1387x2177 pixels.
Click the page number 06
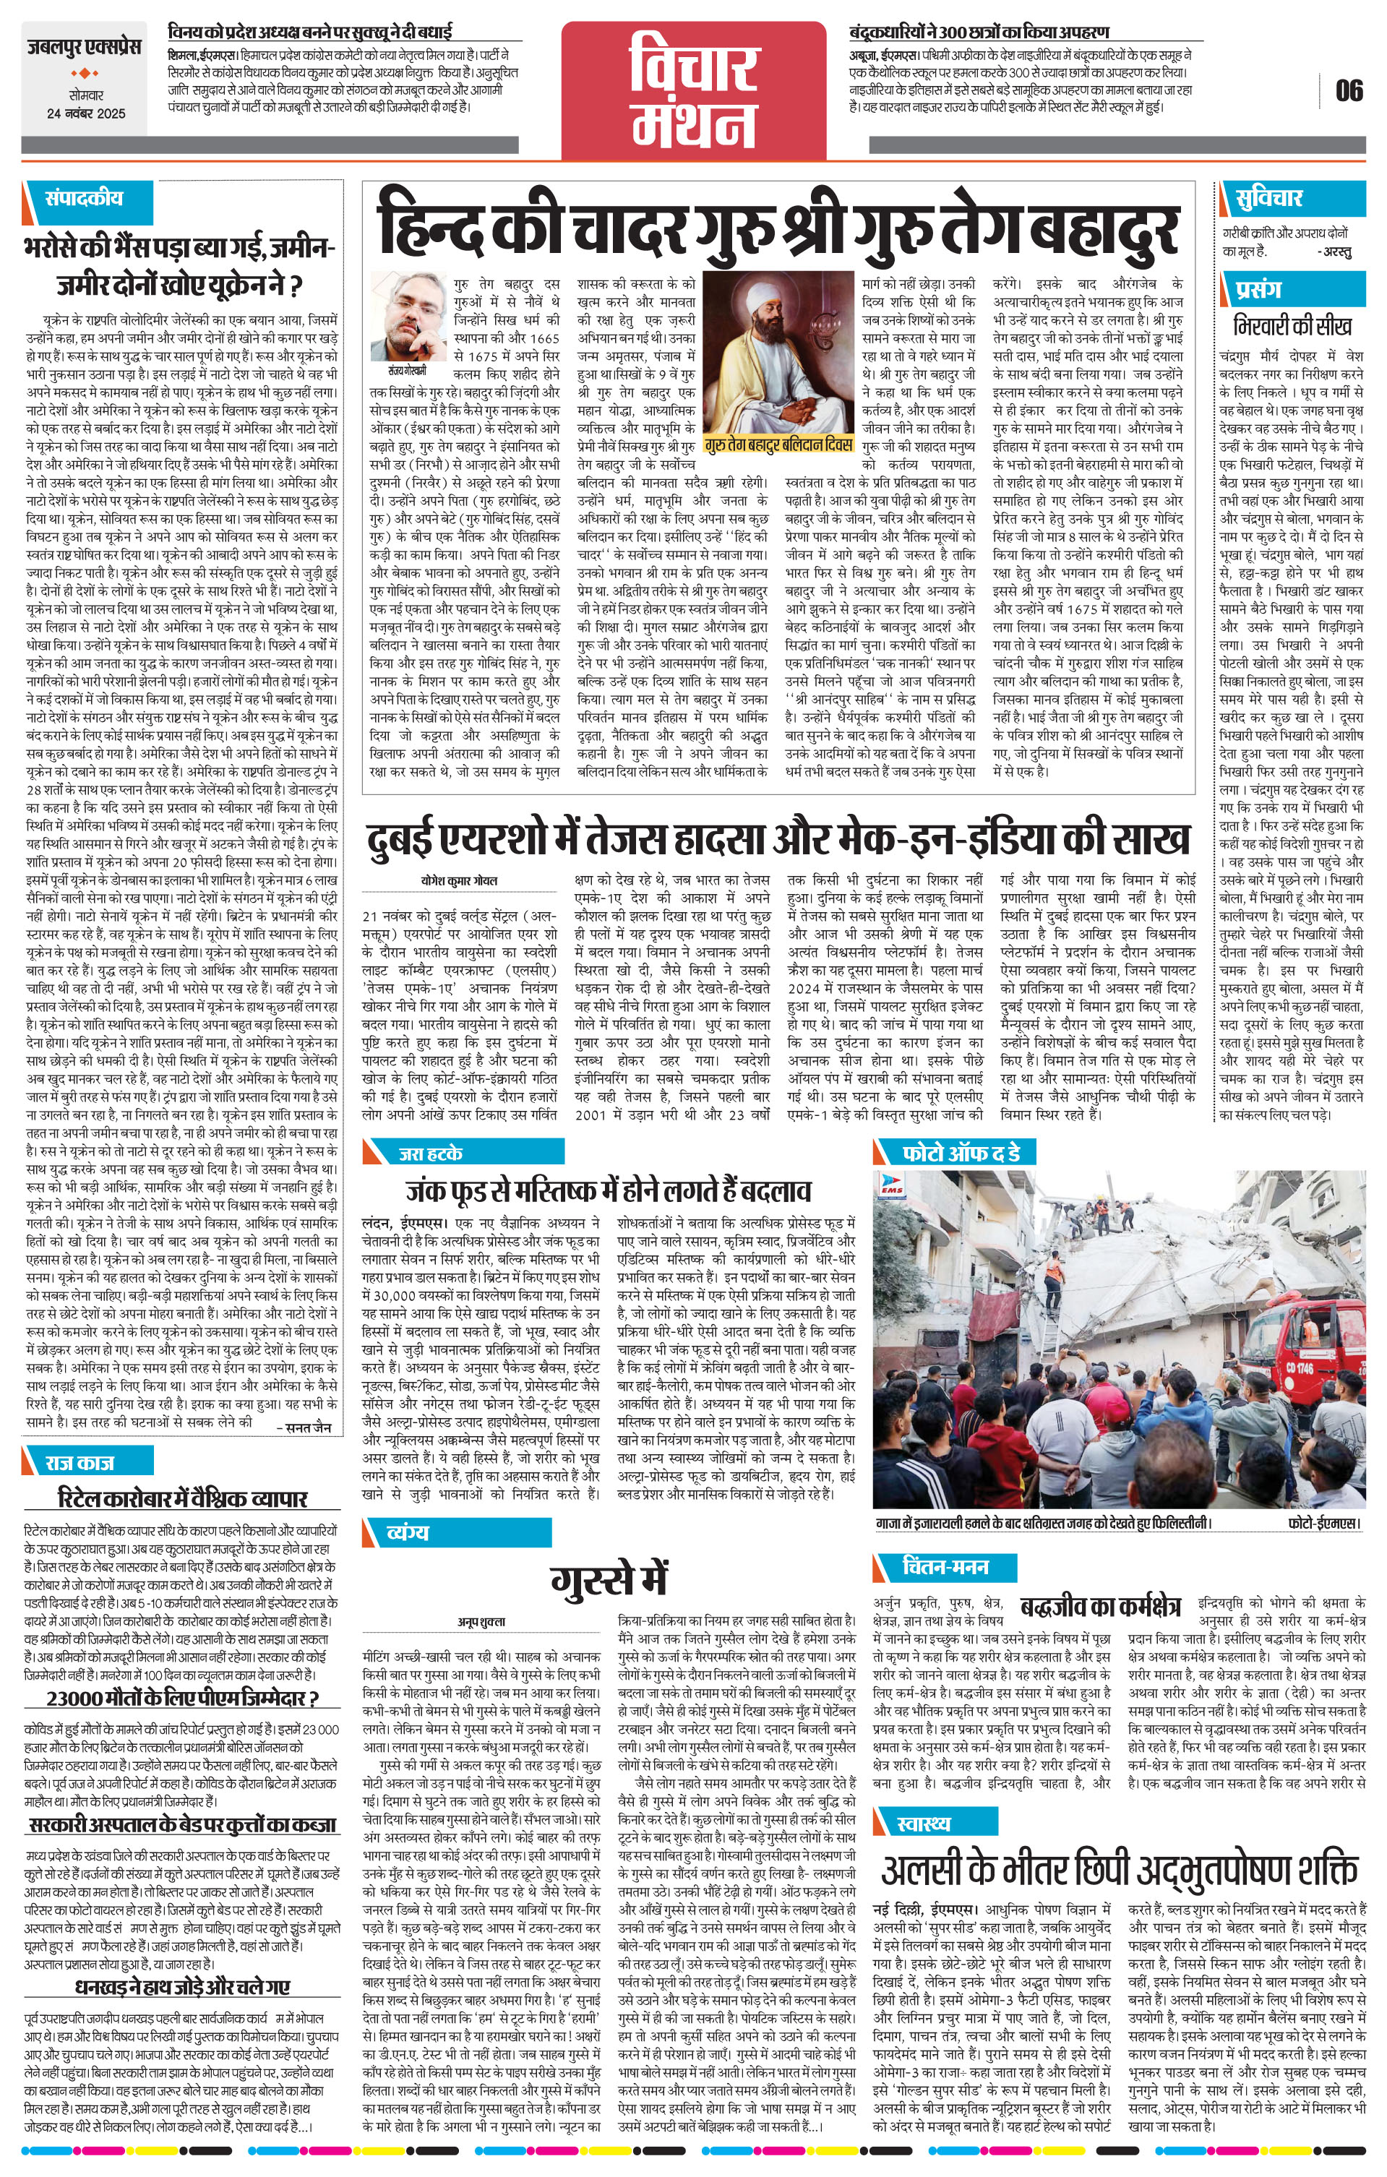click(1348, 90)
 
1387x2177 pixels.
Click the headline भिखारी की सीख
click(1293, 325)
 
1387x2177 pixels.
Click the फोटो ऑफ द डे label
click(961, 1153)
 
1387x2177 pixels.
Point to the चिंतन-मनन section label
click(945, 1566)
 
